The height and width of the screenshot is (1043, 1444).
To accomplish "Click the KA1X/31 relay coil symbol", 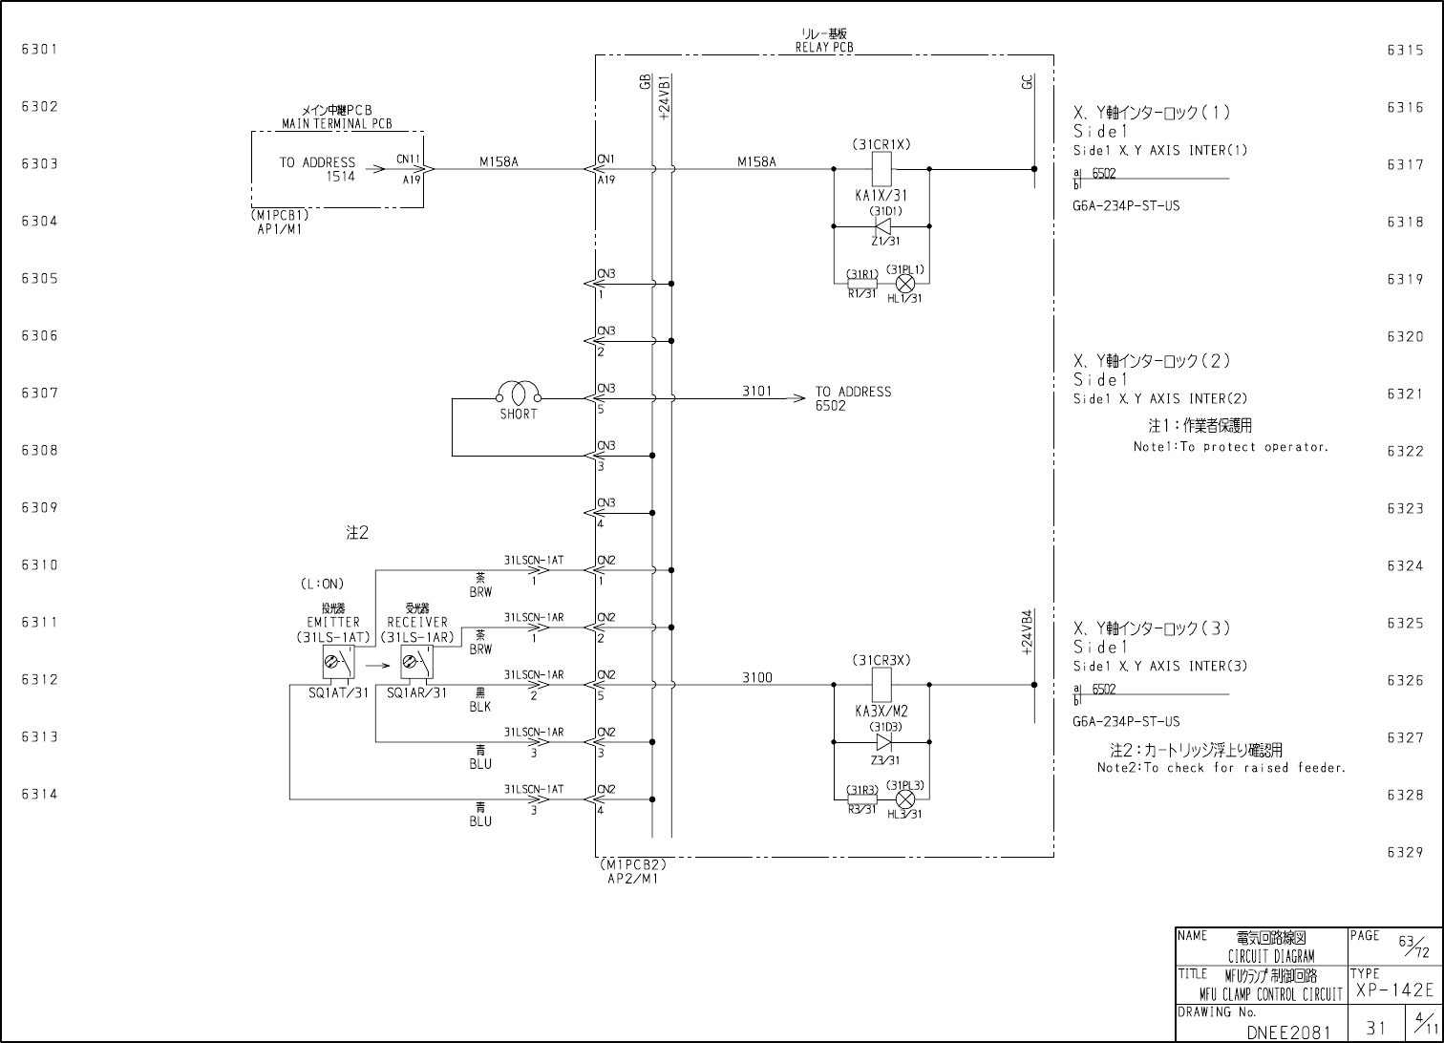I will click(881, 170).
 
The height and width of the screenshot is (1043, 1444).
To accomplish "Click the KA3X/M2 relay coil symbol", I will click(881, 685).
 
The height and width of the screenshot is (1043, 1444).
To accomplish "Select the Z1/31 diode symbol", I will click(882, 226).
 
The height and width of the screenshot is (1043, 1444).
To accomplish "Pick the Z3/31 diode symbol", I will click(882, 742).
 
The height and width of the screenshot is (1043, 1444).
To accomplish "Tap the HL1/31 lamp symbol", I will click(905, 283).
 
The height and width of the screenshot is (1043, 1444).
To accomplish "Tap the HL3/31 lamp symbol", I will click(905, 798).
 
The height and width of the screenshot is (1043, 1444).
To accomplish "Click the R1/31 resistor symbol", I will click(861, 283).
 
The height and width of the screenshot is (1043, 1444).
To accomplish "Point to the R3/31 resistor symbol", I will click(861, 798).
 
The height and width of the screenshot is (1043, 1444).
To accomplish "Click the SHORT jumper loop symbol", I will click(519, 393).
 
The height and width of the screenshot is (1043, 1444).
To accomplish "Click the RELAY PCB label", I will click(824, 47).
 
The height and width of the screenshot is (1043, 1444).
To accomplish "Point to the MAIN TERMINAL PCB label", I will click(336, 124).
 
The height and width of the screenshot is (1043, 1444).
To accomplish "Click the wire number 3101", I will click(757, 392).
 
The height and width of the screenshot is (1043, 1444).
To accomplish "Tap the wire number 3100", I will click(757, 678).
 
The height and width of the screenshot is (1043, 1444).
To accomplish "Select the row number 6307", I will click(40, 394).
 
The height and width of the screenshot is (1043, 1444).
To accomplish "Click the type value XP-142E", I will click(1394, 990).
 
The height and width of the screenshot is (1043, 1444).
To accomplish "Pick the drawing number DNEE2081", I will click(1288, 1032).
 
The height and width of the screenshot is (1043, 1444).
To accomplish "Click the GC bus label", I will click(1027, 84).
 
